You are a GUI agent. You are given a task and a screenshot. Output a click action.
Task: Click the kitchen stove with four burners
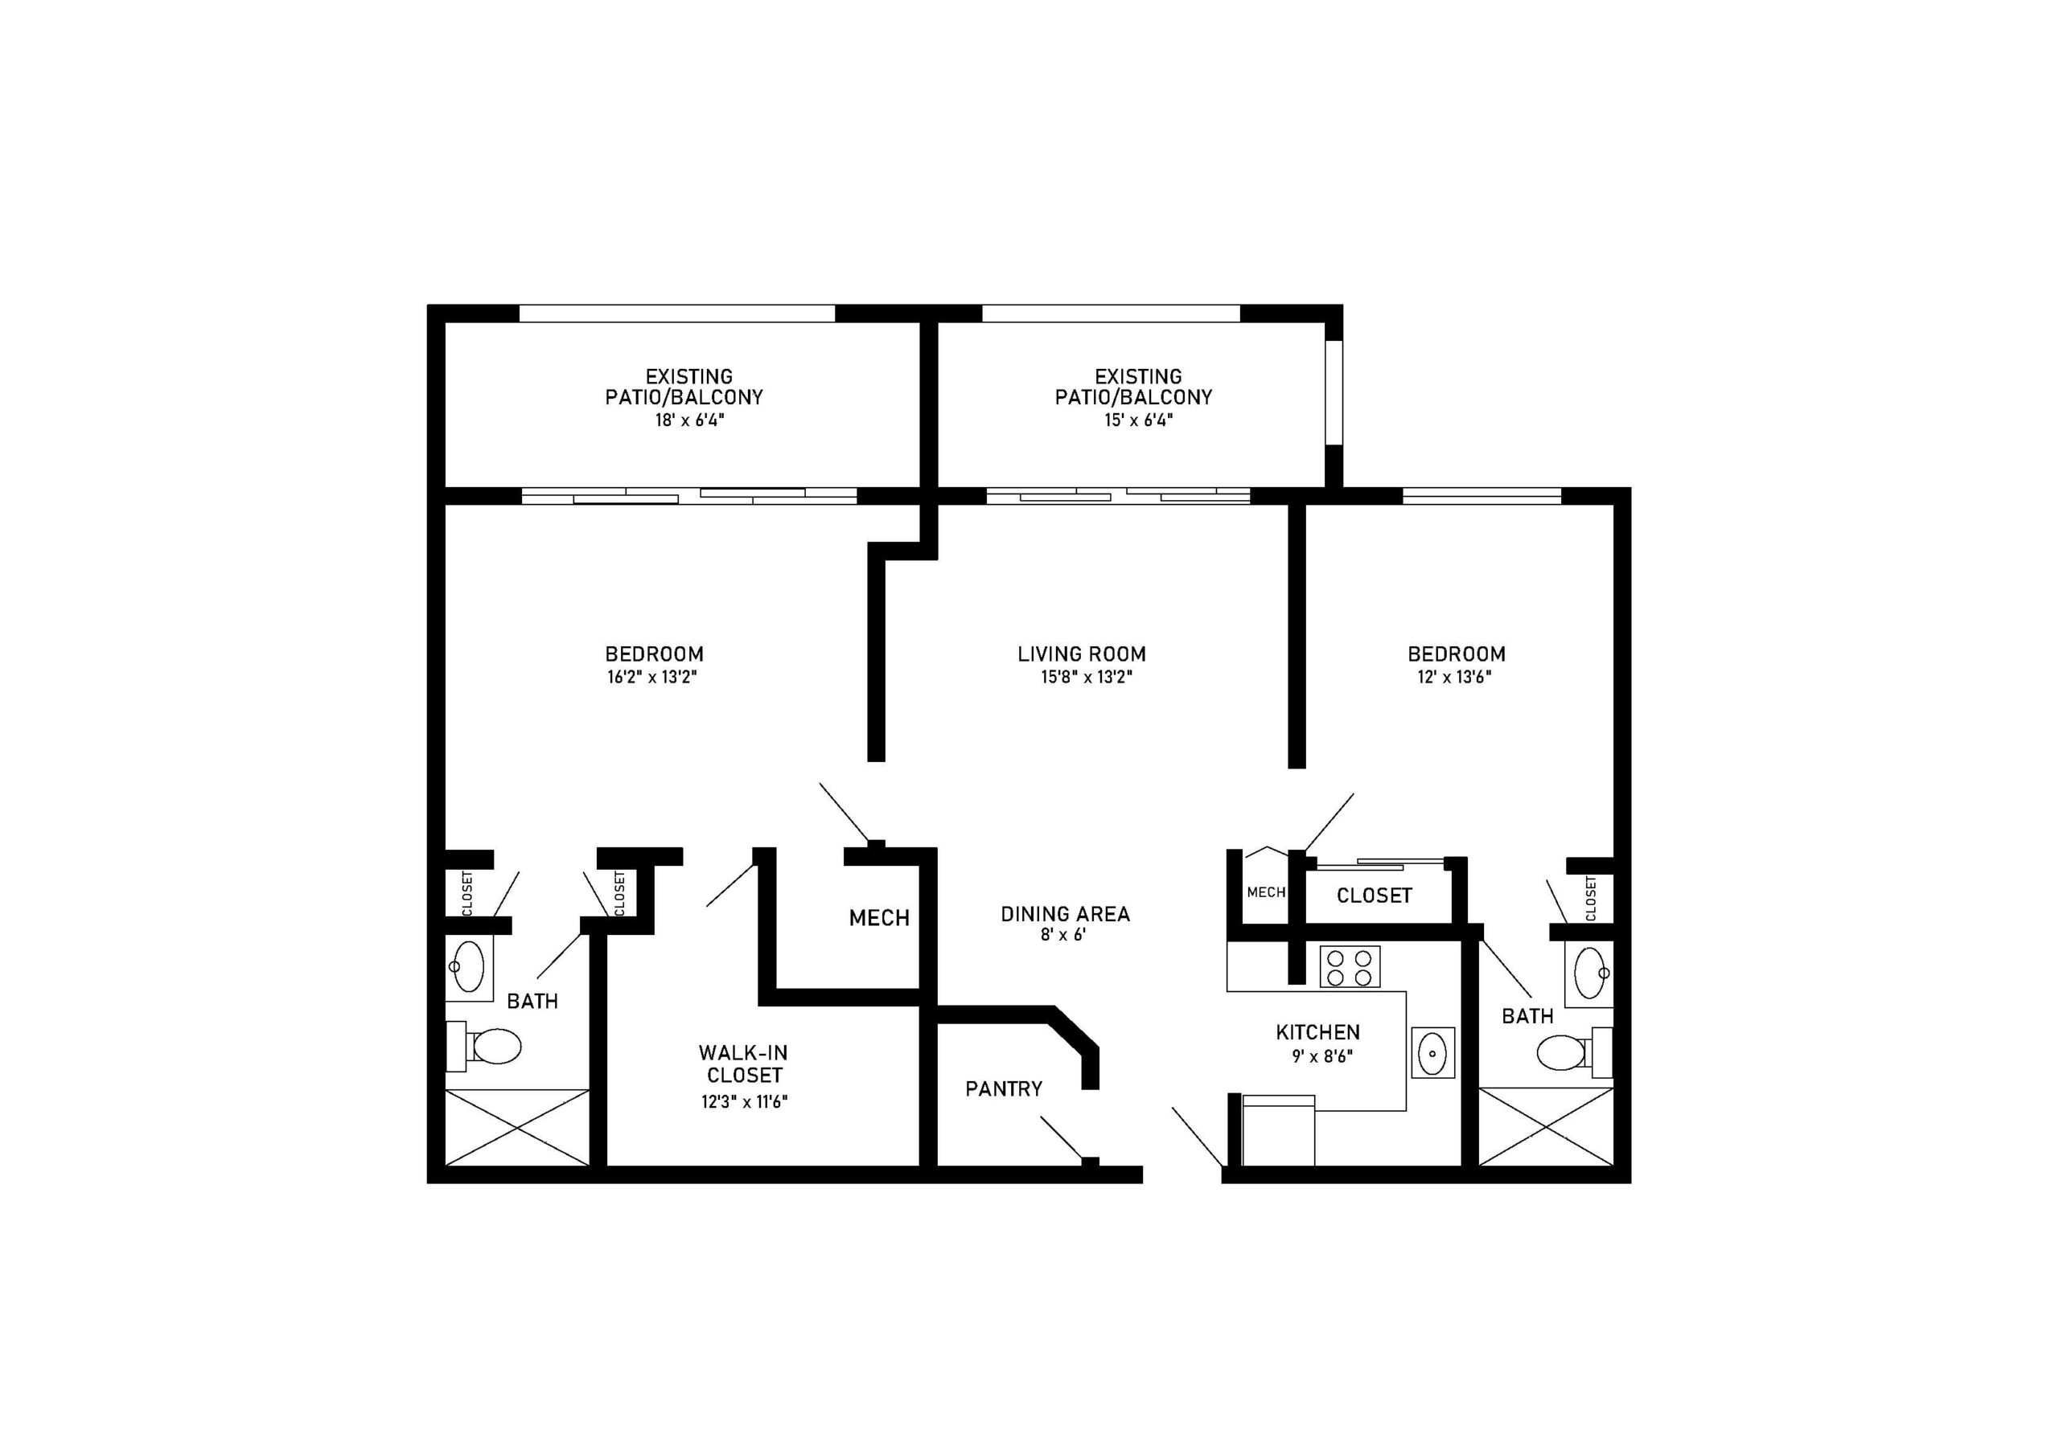(x=1349, y=967)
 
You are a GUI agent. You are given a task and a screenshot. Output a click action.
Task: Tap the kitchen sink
(x=1432, y=1052)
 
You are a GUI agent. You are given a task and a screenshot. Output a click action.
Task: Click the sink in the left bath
(x=468, y=967)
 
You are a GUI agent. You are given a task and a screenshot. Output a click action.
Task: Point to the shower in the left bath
(x=517, y=1128)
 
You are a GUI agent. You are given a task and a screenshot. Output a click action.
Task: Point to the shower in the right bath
(x=1545, y=1127)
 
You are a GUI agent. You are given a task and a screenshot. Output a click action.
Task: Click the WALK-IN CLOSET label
(x=744, y=1064)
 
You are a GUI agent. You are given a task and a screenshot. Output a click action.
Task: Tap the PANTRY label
(x=1004, y=1089)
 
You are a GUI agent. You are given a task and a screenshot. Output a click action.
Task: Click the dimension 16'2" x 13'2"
(x=652, y=678)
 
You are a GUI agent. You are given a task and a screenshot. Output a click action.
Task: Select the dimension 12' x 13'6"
(x=1455, y=678)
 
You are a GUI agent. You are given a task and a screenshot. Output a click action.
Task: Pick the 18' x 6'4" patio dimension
(x=688, y=420)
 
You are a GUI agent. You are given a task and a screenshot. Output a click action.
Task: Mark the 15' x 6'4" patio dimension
(x=1138, y=420)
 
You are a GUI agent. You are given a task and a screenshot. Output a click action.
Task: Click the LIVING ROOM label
(x=1082, y=654)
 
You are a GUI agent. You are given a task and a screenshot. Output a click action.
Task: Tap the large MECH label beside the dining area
(x=879, y=918)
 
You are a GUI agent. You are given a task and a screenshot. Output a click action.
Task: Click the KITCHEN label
(x=1317, y=1033)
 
